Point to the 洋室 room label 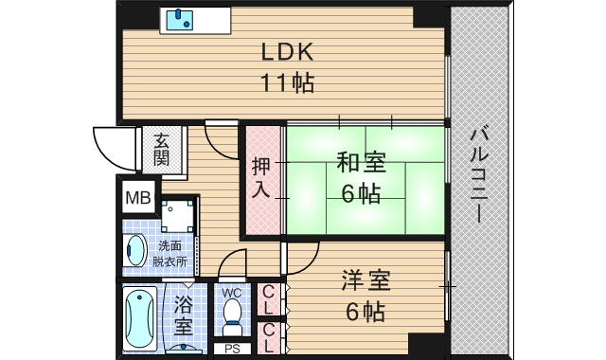point(366,281)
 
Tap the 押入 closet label point(261,179)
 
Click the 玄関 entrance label point(162,149)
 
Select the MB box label point(138,199)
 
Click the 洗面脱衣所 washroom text point(171,253)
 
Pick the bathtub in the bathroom point(139,318)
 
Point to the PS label point(231,350)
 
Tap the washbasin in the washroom point(136,252)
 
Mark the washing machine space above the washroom point(178,216)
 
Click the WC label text point(231,293)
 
